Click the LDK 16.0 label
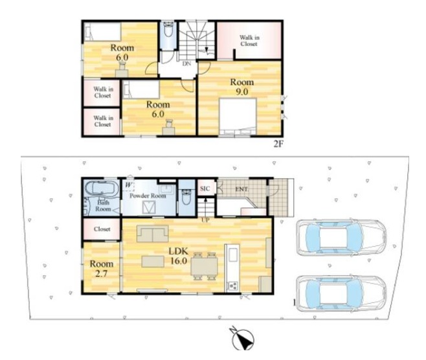179,256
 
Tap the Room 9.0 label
241,87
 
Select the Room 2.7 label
102,269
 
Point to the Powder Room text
148,196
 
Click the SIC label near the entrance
205,188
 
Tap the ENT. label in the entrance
241,189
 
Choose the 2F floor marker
278,144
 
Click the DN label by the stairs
186,64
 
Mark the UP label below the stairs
205,220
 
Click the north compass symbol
243,339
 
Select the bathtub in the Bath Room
102,188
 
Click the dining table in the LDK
204,266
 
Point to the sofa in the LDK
152,234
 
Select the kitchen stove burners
233,286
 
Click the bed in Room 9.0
238,117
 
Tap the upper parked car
341,238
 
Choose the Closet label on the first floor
102,229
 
